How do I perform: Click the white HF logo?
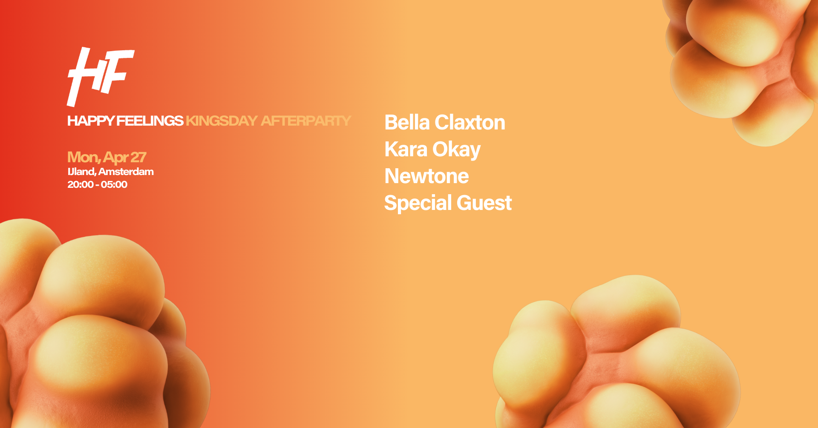coord(101,77)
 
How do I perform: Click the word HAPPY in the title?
coord(91,121)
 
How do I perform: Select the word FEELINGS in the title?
coord(150,121)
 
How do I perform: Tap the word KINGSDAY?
coord(222,121)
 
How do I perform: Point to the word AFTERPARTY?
coord(306,121)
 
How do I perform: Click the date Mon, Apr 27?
coord(107,158)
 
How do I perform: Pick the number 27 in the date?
coord(138,157)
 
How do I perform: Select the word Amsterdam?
coord(126,172)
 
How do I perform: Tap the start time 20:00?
coord(81,184)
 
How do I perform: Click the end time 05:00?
coord(114,184)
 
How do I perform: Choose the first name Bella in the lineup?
coord(407,123)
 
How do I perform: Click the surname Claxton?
coord(470,123)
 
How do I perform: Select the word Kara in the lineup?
coord(406,149)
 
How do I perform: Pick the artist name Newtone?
coord(426,176)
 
